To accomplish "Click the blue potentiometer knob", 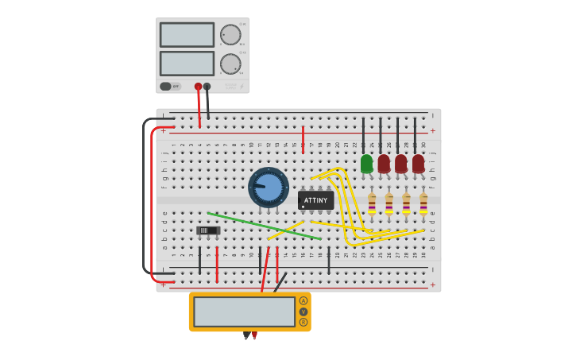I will click(269, 188).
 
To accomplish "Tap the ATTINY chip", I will click(315, 200).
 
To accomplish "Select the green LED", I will click(366, 164).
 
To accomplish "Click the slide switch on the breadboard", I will click(207, 230).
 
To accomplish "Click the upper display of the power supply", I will click(187, 35).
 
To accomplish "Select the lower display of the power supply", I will click(187, 64).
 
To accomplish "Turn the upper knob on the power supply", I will click(230, 35).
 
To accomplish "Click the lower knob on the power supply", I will click(230, 64).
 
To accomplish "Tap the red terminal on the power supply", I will click(198, 87).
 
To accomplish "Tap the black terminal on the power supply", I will click(207, 87).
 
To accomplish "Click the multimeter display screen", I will click(244, 312).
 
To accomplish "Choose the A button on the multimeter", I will click(303, 301).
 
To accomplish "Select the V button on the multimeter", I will click(303, 312).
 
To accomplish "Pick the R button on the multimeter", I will click(303, 322).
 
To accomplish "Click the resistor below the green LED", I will click(372, 203).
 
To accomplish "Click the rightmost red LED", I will click(418, 164).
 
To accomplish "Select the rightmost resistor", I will click(423, 203).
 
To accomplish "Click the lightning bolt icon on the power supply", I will click(242, 86).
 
